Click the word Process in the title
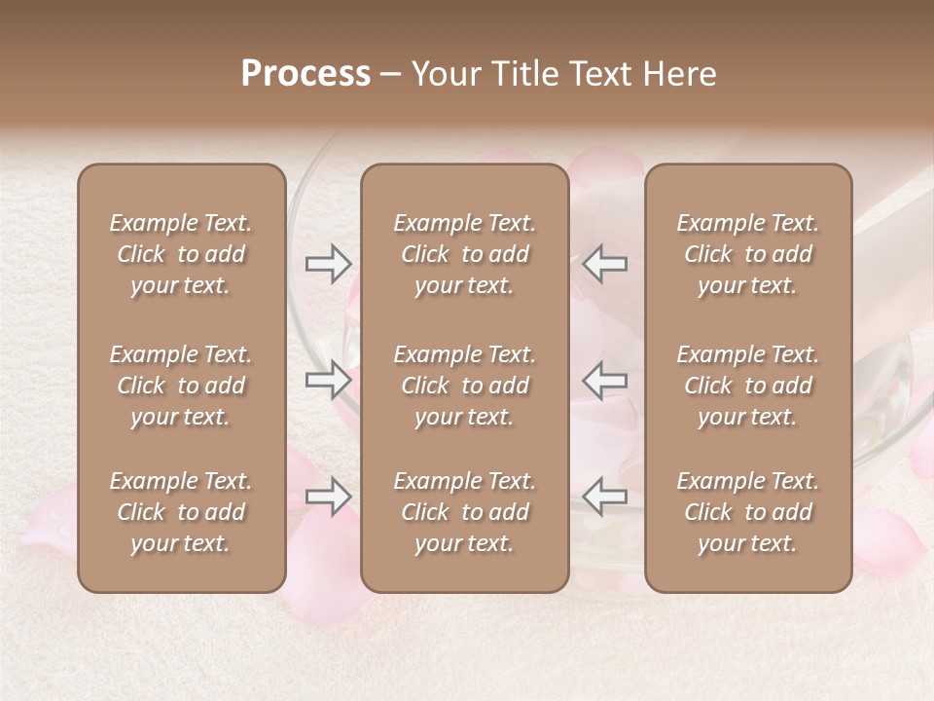[x=305, y=74]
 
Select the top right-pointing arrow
[x=329, y=264]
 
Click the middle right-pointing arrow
[x=329, y=380]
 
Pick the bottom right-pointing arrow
[x=329, y=497]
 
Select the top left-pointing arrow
[x=605, y=264]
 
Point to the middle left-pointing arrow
[x=605, y=380]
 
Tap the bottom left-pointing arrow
[x=605, y=497]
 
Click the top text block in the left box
[x=181, y=254]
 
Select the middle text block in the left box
[x=181, y=386]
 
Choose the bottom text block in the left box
[x=181, y=512]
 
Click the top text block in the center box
[x=465, y=254]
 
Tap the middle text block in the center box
[x=465, y=386]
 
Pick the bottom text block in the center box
[x=465, y=512]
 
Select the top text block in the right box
[x=748, y=254]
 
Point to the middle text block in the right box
[x=748, y=386]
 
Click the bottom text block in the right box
[x=748, y=512]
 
